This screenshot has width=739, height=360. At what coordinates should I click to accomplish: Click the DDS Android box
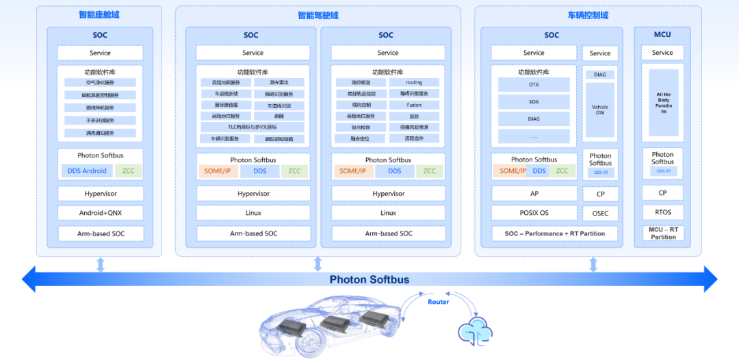click(x=85, y=170)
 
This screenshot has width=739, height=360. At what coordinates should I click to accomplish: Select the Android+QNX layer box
click(x=101, y=213)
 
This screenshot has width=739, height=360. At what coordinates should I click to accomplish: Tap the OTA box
click(x=534, y=84)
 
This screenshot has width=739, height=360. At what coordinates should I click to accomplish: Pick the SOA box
click(x=534, y=102)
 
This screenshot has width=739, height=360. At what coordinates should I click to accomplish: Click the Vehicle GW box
click(x=600, y=110)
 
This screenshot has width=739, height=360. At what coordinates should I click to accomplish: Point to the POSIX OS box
click(x=534, y=213)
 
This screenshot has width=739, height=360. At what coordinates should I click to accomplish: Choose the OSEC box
click(x=600, y=214)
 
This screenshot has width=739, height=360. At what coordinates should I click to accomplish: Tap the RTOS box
click(x=662, y=212)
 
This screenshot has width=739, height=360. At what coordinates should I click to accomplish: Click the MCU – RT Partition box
click(x=662, y=233)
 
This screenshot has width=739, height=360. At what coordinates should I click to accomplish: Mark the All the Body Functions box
click(x=662, y=103)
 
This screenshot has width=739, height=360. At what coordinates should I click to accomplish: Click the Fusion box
click(x=414, y=105)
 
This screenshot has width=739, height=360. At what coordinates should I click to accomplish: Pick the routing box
click(x=414, y=83)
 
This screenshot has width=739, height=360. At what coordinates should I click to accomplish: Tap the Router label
click(x=439, y=302)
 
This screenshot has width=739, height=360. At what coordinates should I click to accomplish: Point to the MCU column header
click(x=662, y=35)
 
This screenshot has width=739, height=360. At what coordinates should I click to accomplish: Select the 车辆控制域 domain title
click(x=588, y=15)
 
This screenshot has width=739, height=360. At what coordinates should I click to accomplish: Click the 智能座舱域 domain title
click(x=99, y=14)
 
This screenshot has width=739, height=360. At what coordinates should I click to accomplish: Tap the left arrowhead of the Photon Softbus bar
click(x=29, y=279)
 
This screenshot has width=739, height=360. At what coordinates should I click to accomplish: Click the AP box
click(x=534, y=194)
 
